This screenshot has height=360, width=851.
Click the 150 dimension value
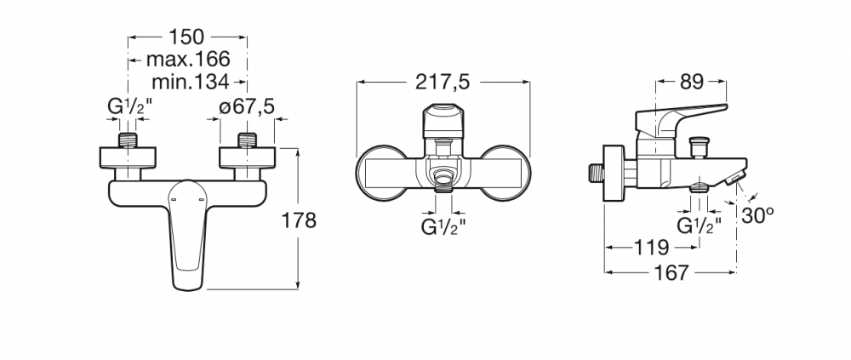186,37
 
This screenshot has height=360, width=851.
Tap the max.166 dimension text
188,59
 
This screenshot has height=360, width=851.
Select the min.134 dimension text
190,82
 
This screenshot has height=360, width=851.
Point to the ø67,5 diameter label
247,107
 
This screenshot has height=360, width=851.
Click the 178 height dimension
299,220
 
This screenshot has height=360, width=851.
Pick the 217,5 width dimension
443,82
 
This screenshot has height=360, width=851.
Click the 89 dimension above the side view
691,82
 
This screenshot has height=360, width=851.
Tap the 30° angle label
757,215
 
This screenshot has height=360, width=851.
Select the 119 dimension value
652,248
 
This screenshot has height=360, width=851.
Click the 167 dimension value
671,272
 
